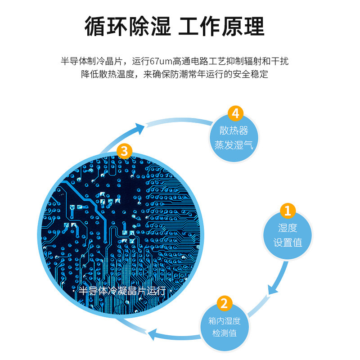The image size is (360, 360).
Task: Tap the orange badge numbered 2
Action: coord(224,303)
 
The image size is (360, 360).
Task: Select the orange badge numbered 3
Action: coord(125,150)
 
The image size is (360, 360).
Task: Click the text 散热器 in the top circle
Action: coord(234,130)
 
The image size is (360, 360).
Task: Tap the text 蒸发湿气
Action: coord(234,145)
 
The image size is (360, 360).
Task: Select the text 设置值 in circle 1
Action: coord(288,243)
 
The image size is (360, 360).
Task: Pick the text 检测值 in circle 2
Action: coord(224,334)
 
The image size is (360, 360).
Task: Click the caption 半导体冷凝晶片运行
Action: coord(122,290)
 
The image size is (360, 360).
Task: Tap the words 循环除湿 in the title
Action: coord(128,27)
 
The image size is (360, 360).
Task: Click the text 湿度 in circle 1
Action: coord(288,228)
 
